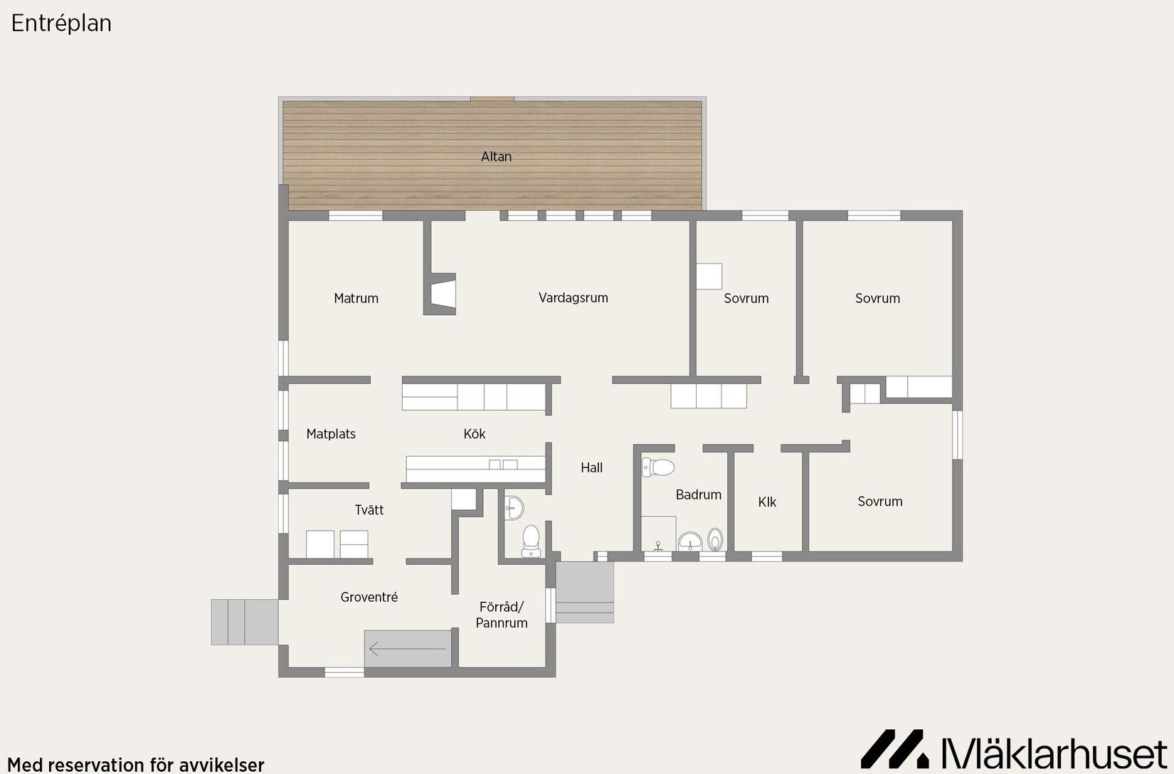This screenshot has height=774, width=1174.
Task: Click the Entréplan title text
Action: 61,23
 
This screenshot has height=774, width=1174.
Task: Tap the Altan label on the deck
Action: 497,157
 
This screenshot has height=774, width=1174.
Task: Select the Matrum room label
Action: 356,298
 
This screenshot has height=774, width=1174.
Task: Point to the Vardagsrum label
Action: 573,298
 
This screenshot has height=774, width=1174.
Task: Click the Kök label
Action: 475,434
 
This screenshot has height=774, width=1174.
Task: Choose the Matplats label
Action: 331,434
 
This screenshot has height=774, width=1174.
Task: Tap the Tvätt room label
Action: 369,510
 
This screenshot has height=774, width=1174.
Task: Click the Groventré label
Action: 369,597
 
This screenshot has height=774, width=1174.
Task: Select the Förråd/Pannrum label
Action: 502,615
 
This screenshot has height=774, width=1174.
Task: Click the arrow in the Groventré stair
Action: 407,650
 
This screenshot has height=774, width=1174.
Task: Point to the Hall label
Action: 592,467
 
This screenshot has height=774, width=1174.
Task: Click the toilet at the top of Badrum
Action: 658,467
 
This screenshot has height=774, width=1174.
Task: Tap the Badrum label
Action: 699,494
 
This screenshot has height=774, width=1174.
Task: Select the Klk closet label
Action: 767,502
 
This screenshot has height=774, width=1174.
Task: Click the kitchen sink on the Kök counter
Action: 503,465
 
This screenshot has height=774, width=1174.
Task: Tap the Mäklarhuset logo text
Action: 1054,753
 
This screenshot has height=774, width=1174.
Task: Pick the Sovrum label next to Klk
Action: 880,502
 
